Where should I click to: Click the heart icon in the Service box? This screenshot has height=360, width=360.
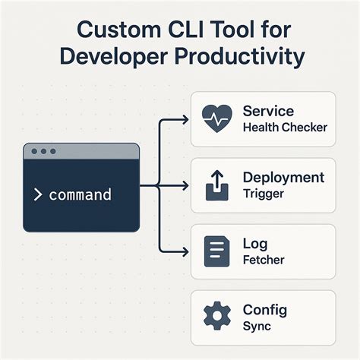point(219,119)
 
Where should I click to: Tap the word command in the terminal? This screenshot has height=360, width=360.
point(80,195)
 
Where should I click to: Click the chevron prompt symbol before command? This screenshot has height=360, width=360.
point(38,195)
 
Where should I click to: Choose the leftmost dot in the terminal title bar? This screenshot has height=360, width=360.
point(34,152)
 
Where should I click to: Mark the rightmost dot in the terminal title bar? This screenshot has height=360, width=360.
point(52,152)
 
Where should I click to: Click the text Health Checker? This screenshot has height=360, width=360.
point(285,127)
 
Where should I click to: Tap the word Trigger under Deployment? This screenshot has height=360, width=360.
point(264,194)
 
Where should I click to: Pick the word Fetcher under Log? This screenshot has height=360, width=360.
point(264,260)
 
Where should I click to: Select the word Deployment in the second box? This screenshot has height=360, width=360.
point(283,178)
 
